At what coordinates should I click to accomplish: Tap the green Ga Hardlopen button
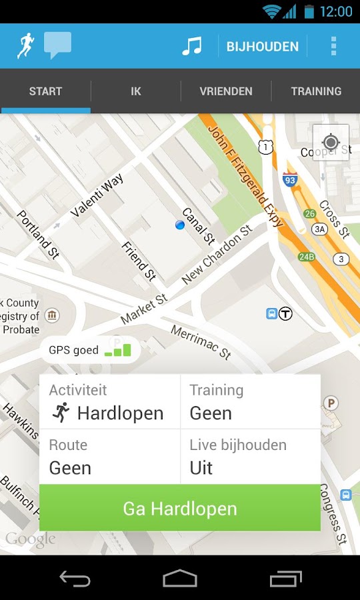[x=180, y=508]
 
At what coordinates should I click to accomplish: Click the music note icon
[x=191, y=46]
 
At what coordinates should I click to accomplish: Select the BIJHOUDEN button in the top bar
[x=262, y=47]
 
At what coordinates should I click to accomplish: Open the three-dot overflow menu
[x=333, y=46]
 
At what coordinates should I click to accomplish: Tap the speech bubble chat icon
[x=57, y=45]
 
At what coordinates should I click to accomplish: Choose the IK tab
[x=136, y=91]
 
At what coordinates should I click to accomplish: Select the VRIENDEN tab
[x=226, y=91]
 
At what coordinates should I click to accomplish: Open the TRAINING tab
[x=316, y=91]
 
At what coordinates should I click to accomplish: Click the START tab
[x=45, y=91]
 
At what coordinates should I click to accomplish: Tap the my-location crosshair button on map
[x=331, y=143]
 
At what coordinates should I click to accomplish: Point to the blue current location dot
[x=179, y=225]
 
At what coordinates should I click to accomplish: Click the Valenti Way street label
[x=97, y=193]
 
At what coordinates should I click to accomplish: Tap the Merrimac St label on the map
[x=201, y=342]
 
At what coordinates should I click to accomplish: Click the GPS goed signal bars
[x=118, y=349]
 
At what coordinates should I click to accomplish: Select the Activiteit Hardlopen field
[x=110, y=402]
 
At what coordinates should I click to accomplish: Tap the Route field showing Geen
[x=110, y=457]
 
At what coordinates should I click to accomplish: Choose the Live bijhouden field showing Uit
[x=250, y=457]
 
